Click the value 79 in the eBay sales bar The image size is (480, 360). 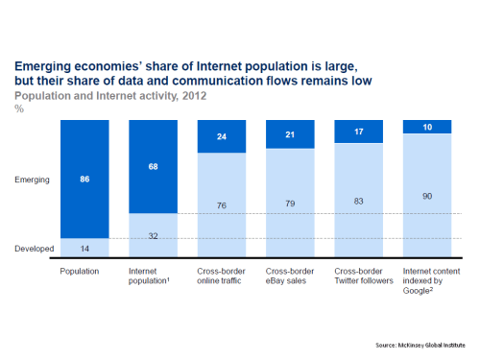294,204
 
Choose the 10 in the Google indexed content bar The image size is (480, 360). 430,127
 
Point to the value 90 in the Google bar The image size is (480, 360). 430,196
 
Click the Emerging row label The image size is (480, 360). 36,179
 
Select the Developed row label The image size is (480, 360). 34,249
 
